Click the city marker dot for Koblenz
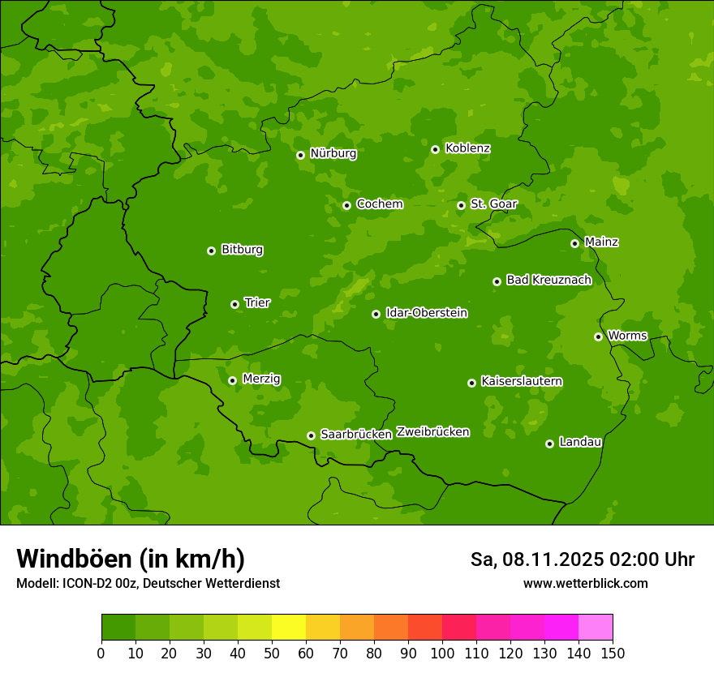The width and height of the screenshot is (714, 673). (436, 149)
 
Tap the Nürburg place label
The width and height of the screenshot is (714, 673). (333, 153)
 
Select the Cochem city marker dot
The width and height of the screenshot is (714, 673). (346, 205)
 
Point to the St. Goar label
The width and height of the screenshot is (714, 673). (493, 204)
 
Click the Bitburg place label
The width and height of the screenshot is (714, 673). (242, 250)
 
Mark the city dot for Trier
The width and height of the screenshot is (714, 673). (235, 304)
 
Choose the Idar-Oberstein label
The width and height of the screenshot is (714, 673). (426, 313)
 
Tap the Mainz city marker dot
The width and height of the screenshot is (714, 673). (574, 243)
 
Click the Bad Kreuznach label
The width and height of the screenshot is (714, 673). (548, 280)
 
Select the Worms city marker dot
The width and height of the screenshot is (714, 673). (598, 336)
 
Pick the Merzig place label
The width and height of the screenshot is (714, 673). (261, 379)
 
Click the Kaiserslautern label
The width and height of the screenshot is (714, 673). (522, 381)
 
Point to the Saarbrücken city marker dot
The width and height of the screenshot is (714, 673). (311, 435)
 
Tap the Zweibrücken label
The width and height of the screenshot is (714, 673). (432, 432)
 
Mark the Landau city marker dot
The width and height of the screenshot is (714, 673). (549, 444)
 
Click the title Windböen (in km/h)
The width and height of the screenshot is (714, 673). (131, 559)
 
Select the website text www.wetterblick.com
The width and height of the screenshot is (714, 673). (585, 583)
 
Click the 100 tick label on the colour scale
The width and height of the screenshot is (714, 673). (442, 653)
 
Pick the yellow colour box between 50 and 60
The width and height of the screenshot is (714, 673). (289, 628)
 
